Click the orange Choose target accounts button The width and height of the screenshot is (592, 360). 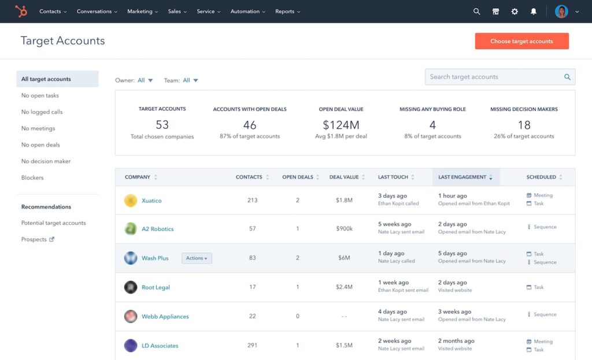tap(521, 41)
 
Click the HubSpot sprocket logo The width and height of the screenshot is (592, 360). tap(21, 11)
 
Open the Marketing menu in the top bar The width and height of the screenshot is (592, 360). tap(143, 12)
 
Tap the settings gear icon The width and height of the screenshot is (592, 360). tap(515, 12)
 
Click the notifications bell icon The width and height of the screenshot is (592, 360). tap(534, 12)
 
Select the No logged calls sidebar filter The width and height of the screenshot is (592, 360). tap(42, 112)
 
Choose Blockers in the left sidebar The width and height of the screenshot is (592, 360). tap(32, 178)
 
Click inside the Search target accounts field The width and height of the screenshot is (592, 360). tap(494, 77)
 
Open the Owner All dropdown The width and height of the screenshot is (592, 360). tap(145, 80)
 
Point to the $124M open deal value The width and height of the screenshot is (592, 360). tap(341, 125)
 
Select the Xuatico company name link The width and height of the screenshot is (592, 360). tap(151, 201)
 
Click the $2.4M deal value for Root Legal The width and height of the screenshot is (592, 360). tap(344, 287)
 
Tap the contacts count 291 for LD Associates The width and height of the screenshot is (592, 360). tap(252, 346)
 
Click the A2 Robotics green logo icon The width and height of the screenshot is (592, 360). tap(131, 229)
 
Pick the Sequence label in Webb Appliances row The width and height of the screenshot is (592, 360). tap(545, 314)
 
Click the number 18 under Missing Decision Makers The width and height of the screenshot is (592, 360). tap(524, 125)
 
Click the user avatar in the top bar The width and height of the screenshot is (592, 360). tap(561, 12)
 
